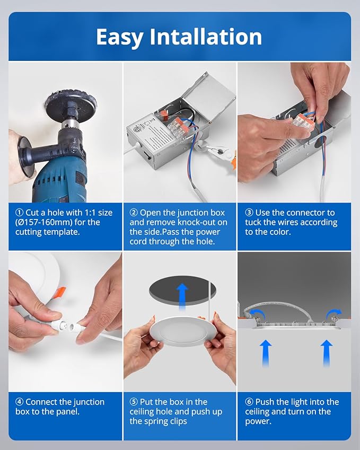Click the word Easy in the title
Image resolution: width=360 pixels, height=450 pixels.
[x=119, y=37]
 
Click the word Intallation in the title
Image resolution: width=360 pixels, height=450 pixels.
[x=206, y=37]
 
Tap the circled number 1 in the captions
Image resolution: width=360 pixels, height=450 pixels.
[x=19, y=213]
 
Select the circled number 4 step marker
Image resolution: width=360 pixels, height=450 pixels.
[x=19, y=402]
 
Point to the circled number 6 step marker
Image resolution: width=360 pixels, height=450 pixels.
[x=249, y=402]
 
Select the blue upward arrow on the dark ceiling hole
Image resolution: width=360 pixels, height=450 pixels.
[x=182, y=296]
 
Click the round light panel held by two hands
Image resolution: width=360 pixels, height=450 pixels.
[x=182, y=331]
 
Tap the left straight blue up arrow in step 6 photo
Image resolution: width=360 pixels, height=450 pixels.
[x=266, y=353]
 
